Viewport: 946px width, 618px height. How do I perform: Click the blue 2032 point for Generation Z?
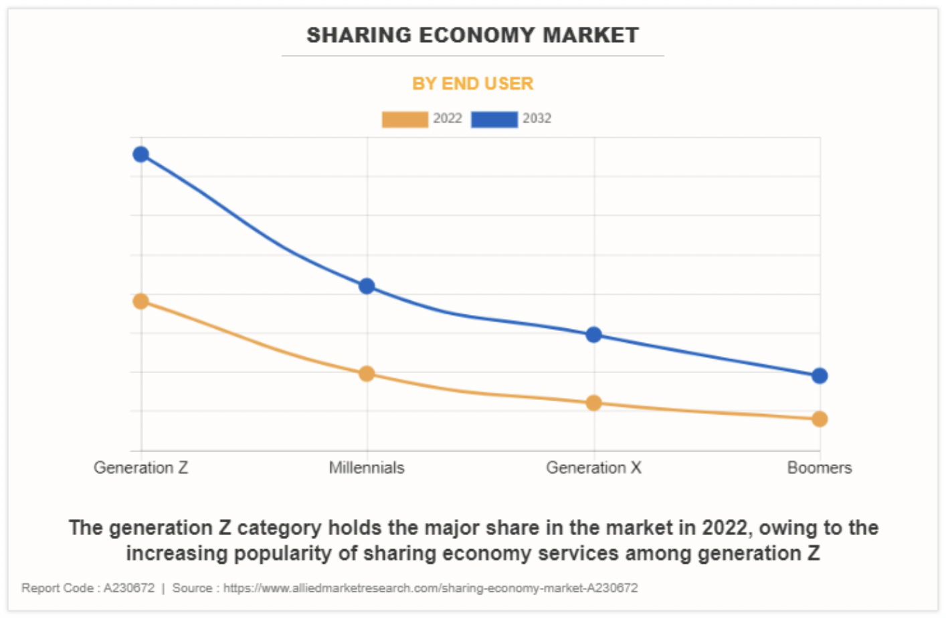140,154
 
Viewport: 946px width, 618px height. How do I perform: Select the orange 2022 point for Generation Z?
140,301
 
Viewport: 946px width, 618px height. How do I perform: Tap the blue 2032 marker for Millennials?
367,286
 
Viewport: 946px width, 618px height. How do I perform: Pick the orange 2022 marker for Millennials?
367,373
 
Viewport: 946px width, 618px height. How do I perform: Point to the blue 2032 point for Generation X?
593,334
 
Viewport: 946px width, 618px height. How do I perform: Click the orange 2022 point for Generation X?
593,403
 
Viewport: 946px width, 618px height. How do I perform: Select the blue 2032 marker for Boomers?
820,376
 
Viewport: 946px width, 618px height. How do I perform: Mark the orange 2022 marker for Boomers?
820,419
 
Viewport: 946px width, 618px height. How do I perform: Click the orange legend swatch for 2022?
405,119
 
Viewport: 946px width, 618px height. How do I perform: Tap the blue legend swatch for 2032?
494,119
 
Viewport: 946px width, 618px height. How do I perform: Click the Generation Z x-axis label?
140,468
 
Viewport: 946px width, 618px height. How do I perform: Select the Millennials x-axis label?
367,468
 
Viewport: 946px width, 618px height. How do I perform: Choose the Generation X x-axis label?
593,468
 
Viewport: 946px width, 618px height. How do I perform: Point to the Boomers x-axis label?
819,468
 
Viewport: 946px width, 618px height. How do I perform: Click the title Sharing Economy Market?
472,35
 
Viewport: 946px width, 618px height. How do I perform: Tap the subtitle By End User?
472,84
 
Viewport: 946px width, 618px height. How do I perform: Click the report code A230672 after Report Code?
128,588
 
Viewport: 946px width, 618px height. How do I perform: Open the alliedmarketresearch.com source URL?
430,588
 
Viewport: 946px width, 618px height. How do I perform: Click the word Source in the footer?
192,588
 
